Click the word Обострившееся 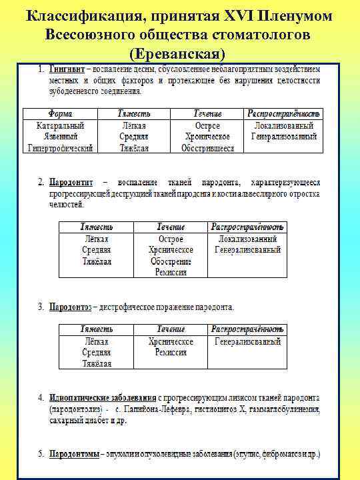(207, 148)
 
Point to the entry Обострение (171, 261)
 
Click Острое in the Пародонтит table (171, 238)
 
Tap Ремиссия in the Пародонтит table (171, 272)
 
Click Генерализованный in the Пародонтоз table (247, 341)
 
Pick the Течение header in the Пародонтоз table (171, 329)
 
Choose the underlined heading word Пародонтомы (75, 455)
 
